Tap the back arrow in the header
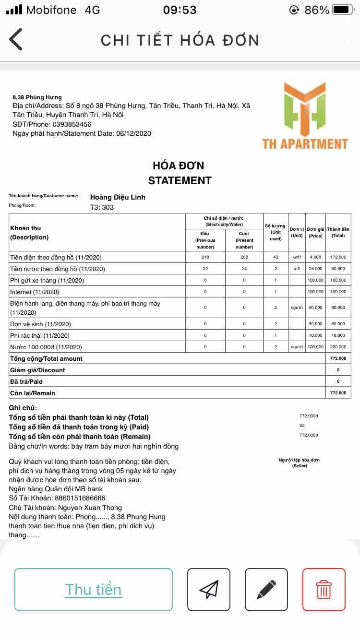[x=16, y=39]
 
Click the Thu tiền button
[x=94, y=589]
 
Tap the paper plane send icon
[x=209, y=589]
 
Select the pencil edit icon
[x=266, y=589]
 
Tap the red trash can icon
[x=324, y=589]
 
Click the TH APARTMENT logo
[x=305, y=116]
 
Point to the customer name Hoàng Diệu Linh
[x=118, y=197]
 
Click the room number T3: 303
[x=102, y=207]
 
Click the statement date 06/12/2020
[x=133, y=133]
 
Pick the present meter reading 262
[x=244, y=257]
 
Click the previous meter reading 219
[x=205, y=257]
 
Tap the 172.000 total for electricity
[x=338, y=257]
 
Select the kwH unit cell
[x=297, y=257]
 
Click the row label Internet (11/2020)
[x=35, y=292]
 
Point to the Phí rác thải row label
[x=40, y=335]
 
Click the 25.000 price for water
[x=315, y=269]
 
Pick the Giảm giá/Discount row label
[x=37, y=370]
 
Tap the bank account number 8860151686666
[x=80, y=498]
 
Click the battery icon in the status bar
[x=343, y=10]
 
